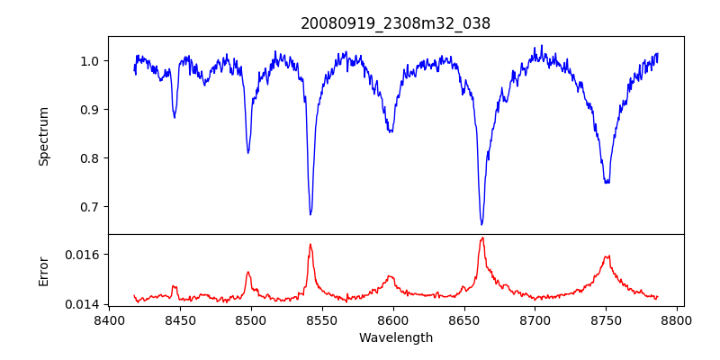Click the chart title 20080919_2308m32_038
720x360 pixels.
(395, 23)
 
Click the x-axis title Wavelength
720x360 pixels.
(395, 337)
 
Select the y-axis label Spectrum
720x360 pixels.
(43, 136)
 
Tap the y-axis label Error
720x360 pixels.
(43, 271)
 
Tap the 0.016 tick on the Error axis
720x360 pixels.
(84, 255)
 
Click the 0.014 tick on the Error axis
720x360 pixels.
(84, 304)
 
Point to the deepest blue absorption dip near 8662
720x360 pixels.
(481, 224)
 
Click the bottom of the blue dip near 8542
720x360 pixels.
(310, 214)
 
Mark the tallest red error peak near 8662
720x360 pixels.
(482, 238)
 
